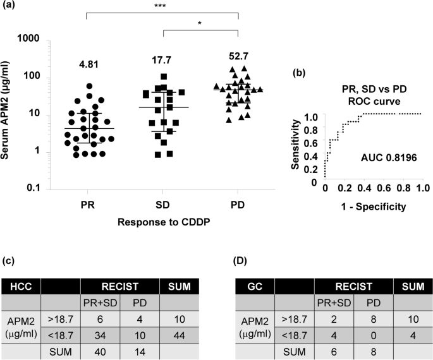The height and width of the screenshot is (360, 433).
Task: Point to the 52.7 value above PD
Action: (239, 56)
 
